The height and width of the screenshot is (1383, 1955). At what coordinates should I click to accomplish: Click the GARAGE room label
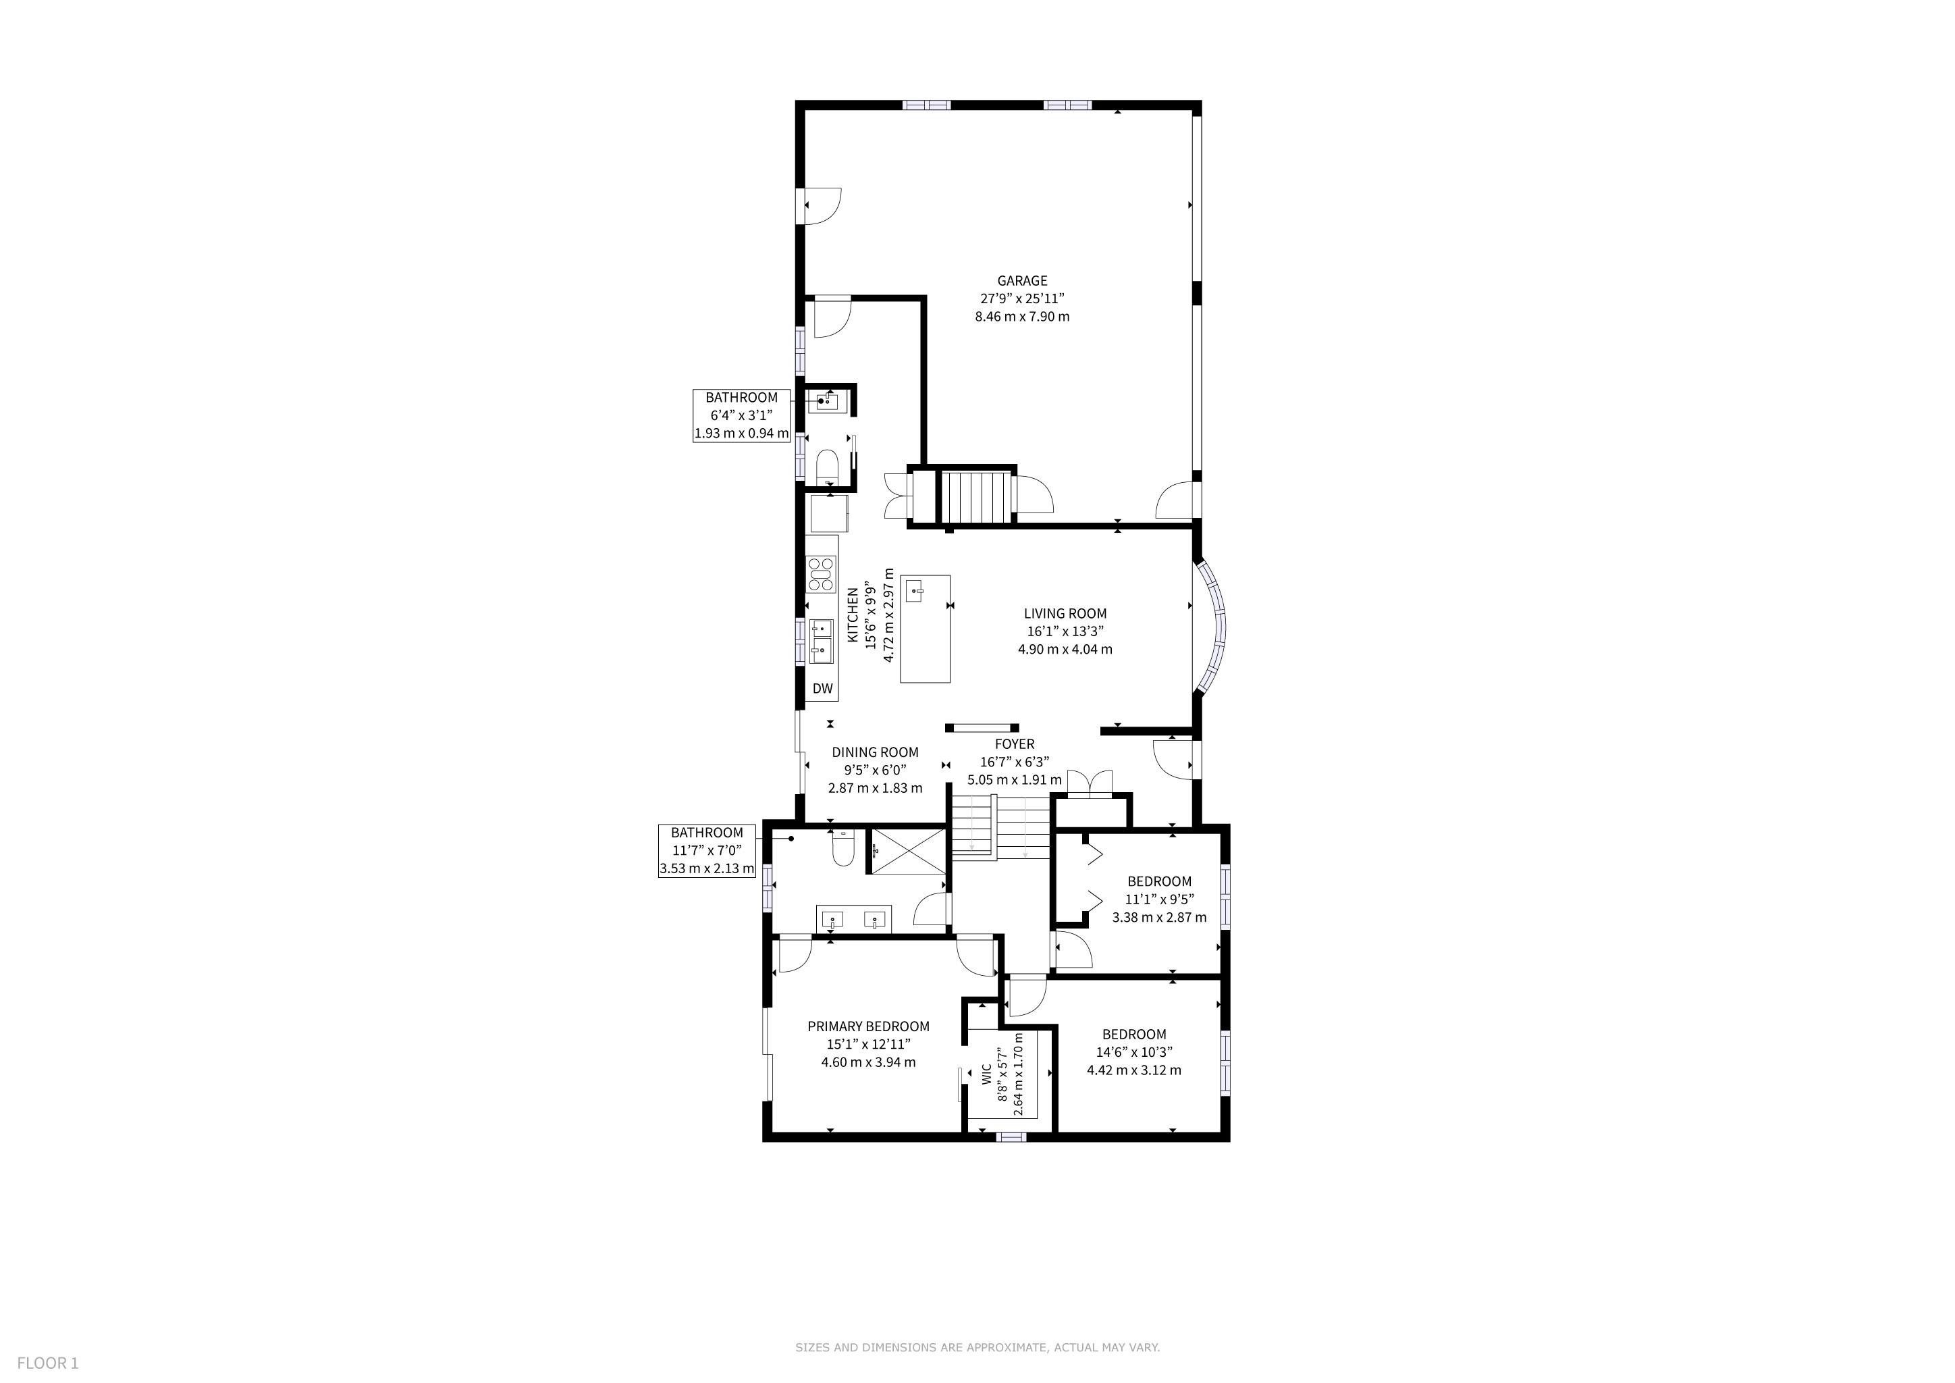[1022, 280]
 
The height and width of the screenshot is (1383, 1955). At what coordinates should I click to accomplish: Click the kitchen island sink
[915, 590]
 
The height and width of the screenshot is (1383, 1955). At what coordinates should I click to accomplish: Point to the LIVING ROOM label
[1065, 613]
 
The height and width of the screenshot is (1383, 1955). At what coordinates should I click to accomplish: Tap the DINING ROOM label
[876, 752]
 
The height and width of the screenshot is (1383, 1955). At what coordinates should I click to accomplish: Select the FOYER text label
[1014, 744]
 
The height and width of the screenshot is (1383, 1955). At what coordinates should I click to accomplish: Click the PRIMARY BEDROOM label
[869, 1026]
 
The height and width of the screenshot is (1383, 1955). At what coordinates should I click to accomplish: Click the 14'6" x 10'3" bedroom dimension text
[1134, 1051]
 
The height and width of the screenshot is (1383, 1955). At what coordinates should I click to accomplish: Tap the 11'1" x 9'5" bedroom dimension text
[1160, 899]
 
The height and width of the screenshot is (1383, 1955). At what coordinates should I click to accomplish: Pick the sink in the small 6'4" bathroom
[824, 401]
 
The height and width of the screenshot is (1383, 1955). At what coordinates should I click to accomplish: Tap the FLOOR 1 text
[48, 1363]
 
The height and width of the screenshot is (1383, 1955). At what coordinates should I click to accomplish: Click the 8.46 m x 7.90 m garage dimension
[1022, 317]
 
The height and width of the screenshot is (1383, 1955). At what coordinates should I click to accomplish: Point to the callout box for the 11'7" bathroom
[707, 851]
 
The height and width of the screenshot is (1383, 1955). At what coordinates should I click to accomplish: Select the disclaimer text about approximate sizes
[977, 1347]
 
